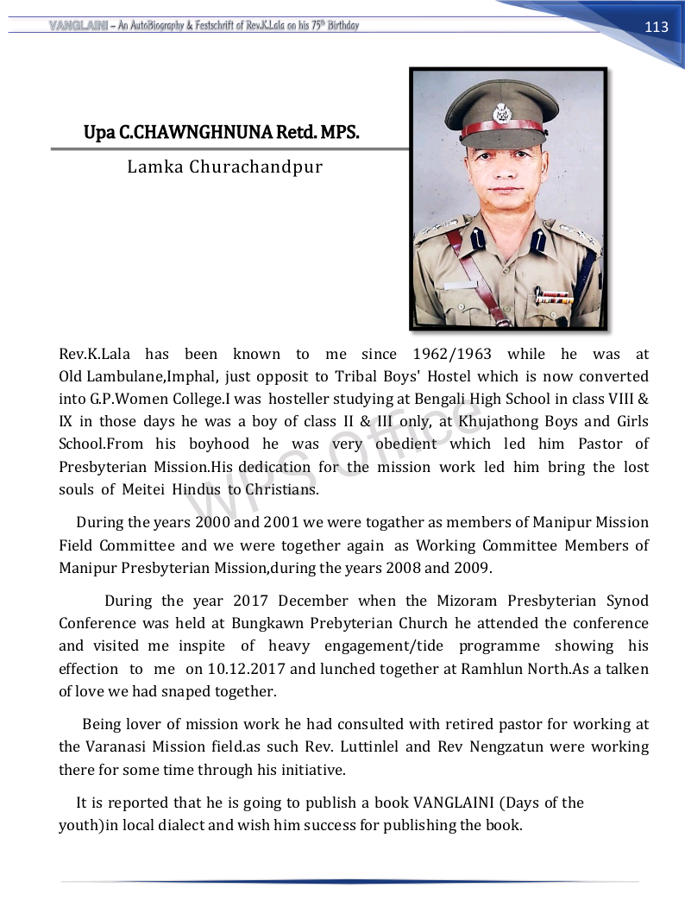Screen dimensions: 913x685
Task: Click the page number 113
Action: click(x=657, y=27)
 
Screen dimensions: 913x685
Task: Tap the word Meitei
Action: click(x=141, y=489)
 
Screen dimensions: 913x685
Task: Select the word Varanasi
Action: click(x=122, y=746)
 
